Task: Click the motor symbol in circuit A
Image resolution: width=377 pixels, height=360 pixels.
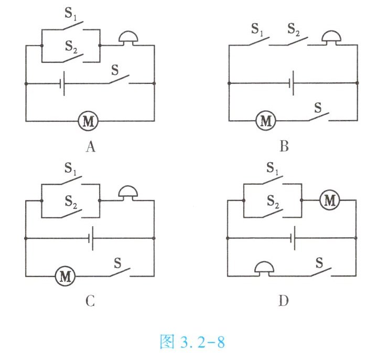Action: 88,121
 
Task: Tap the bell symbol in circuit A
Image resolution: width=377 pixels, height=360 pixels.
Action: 128,38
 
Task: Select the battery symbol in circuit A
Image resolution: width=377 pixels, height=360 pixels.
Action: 62,83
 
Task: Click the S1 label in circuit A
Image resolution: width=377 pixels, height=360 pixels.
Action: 70,14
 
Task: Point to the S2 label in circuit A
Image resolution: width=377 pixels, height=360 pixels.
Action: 71,47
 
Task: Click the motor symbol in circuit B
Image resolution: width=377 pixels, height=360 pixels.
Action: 266,121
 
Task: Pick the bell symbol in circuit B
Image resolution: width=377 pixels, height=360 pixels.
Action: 331,38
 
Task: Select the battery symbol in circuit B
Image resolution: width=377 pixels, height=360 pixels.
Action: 292,83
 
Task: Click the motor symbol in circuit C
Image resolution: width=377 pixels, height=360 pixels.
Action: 65,276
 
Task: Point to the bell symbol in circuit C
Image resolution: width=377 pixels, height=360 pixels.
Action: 128,193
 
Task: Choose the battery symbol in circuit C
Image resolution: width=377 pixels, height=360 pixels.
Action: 91,238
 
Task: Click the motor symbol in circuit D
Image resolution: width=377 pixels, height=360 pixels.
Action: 330,200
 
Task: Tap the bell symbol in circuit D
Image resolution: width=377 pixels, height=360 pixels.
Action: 264,269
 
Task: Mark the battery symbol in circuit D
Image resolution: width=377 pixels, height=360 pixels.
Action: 293,238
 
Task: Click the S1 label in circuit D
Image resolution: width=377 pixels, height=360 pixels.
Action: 273,168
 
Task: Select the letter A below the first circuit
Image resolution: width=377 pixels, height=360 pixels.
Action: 90,146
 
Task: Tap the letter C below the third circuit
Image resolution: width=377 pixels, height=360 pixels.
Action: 90,301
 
